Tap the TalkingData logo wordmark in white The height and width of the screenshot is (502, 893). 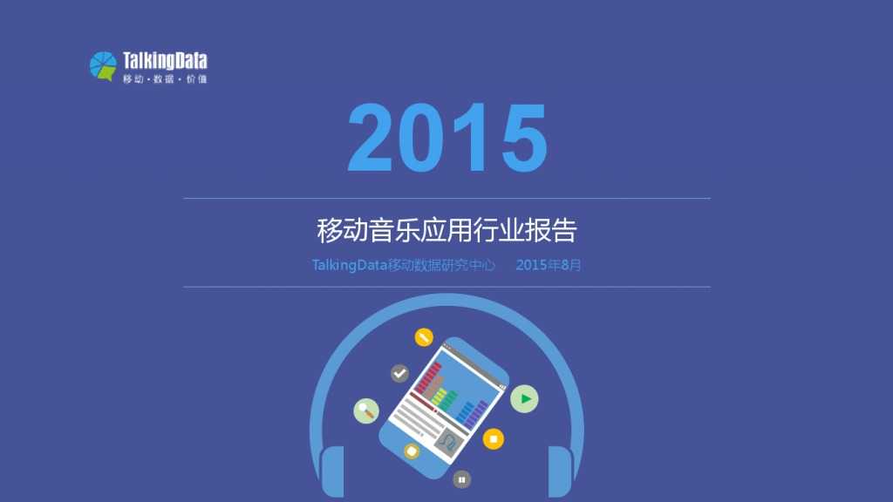[165, 61]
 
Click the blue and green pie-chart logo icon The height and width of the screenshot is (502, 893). [103, 66]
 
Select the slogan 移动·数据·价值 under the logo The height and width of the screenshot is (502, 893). [165, 79]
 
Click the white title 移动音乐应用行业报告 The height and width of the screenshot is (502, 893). [446, 231]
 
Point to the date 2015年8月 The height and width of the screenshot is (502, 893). [548, 265]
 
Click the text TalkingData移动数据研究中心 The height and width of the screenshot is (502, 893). [404, 265]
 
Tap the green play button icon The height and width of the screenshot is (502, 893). [524, 399]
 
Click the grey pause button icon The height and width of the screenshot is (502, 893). [461, 478]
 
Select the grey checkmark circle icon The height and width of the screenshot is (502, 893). [399, 373]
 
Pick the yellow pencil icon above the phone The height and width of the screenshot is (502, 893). [424, 336]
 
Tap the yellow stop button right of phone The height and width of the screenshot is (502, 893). [493, 439]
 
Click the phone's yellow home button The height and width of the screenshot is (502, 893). [412, 451]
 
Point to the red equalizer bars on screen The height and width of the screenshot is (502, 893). [428, 380]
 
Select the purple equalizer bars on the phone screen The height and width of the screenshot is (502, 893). [475, 411]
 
